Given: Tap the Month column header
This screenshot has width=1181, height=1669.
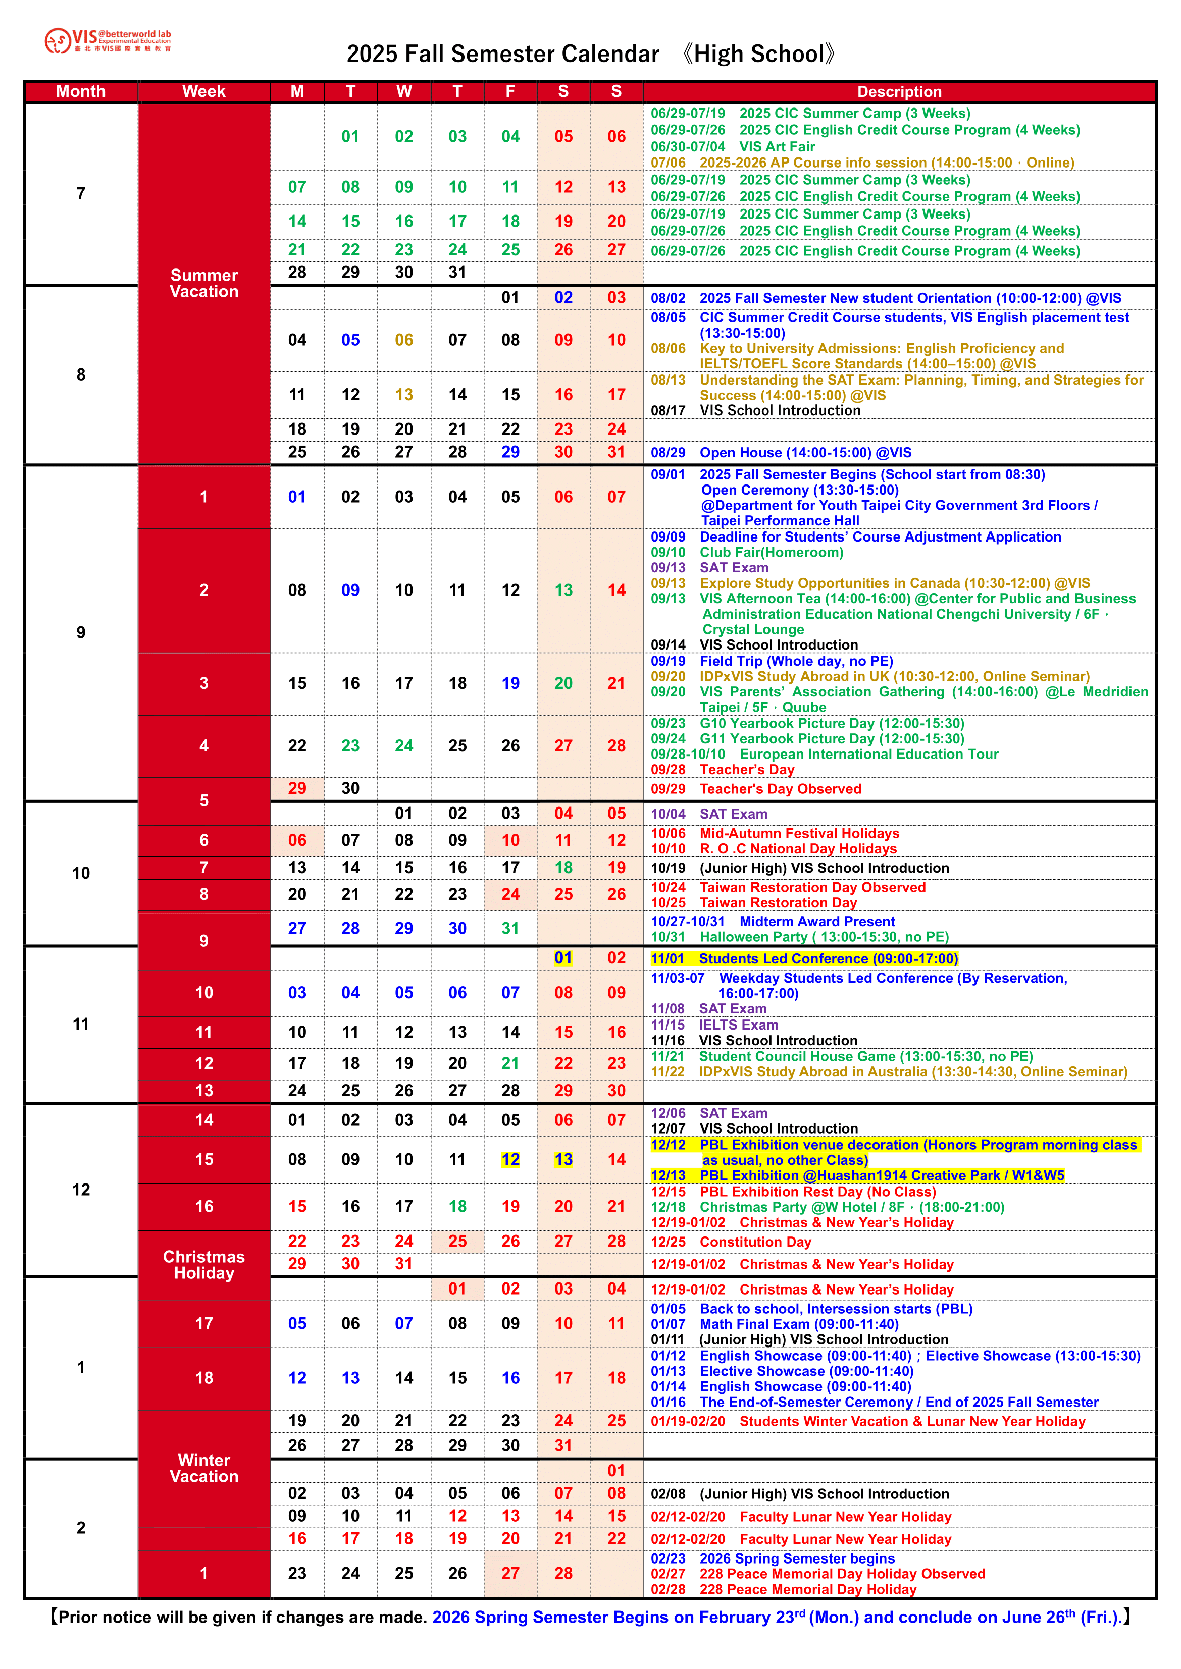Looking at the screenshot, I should point(81,91).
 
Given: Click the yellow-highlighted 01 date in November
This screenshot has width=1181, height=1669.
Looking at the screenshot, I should point(563,958).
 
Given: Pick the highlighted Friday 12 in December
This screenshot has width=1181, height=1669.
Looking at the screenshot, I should point(510,1159).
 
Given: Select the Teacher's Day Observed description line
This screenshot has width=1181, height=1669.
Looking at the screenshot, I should point(756,789).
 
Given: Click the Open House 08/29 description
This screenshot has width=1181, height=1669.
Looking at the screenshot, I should point(781,452).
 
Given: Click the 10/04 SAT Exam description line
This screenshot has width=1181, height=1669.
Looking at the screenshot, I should point(709,814).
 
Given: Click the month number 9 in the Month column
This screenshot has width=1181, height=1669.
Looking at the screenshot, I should point(81,632).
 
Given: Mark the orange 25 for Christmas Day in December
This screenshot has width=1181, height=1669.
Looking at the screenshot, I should point(457,1241).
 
